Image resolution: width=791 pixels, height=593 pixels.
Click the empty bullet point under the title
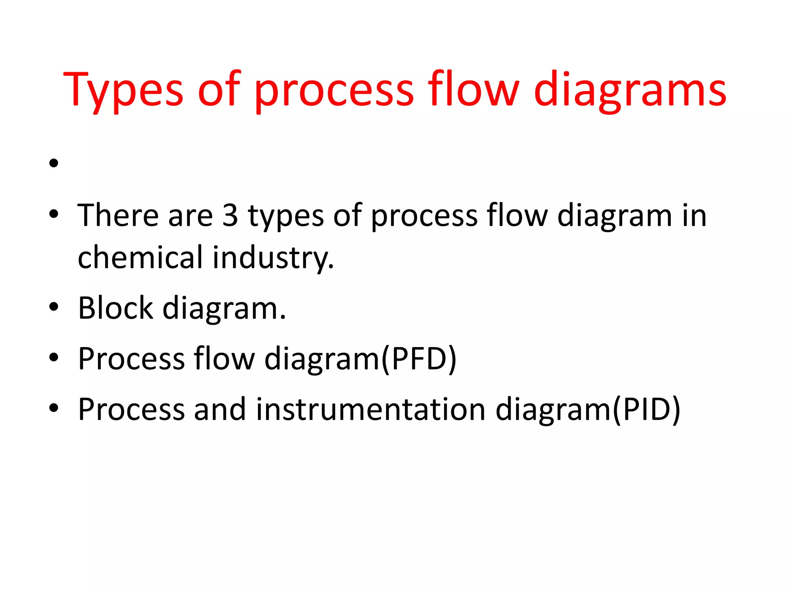54,163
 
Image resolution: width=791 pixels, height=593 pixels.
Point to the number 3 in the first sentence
230,215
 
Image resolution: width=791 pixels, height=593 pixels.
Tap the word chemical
140,257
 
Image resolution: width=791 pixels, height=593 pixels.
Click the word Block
115,308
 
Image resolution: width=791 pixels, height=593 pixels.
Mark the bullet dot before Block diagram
54,307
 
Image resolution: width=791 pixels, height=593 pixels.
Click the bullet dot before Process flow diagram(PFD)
54,357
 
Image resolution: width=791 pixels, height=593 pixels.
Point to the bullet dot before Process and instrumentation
54,408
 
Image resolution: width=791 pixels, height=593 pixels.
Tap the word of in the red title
219,90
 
